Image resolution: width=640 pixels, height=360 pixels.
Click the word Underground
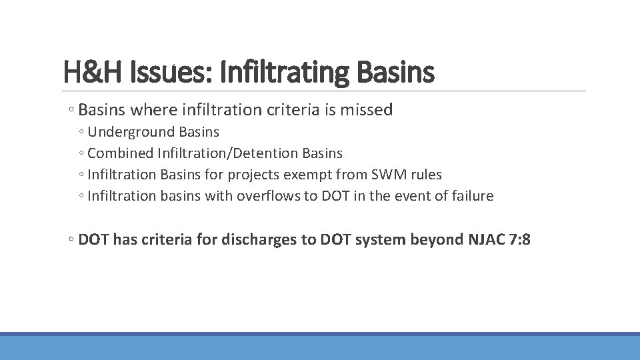127,132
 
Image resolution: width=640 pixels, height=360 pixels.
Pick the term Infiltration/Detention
228,153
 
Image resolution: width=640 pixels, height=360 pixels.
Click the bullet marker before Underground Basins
81,133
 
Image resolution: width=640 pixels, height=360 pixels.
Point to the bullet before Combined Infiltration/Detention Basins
81,154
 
